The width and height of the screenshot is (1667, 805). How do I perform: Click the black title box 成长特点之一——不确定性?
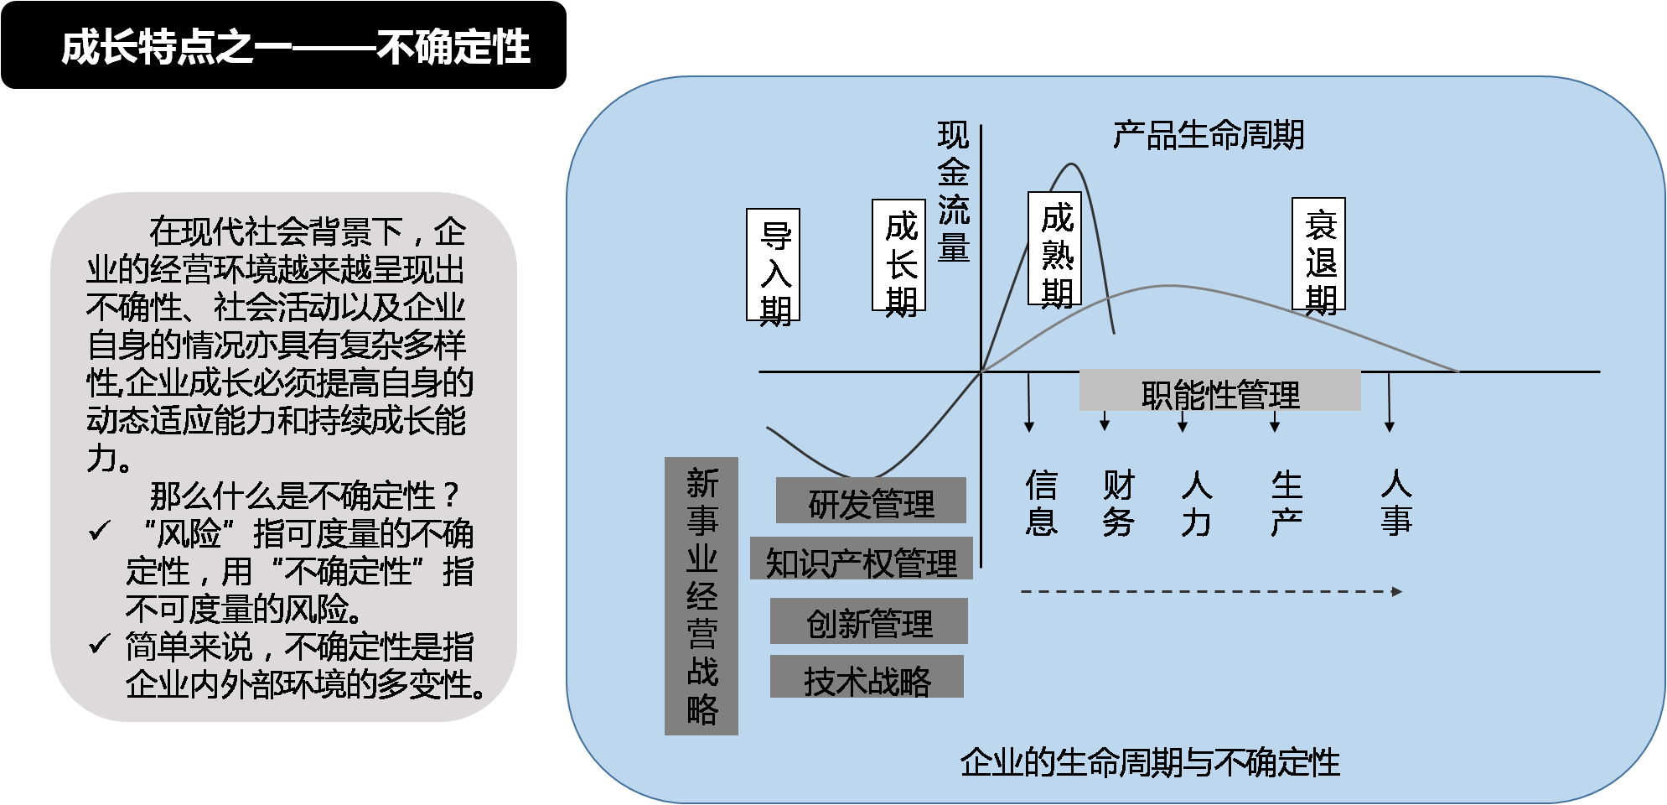pyautogui.click(x=283, y=45)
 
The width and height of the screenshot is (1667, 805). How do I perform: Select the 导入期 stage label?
pyautogui.click(x=774, y=265)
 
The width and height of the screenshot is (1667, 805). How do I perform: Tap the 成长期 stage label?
pyautogui.click(x=899, y=255)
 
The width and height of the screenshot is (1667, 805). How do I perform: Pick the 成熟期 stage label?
pyautogui.click(x=1055, y=248)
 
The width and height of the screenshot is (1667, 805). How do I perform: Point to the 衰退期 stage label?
pyautogui.click(x=1319, y=254)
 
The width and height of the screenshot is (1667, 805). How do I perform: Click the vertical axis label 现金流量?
pyautogui.click(x=953, y=192)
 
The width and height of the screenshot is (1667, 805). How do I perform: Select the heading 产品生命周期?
pyautogui.click(x=1208, y=135)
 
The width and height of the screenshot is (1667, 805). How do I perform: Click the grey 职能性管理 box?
pyautogui.click(x=1219, y=392)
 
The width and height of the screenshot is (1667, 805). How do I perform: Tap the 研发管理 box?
pyautogui.click(x=871, y=501)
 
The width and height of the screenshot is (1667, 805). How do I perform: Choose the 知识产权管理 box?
pyautogui.click(x=862, y=559)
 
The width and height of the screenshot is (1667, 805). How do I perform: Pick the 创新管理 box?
pyautogui.click(x=869, y=621)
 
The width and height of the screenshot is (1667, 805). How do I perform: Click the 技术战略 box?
pyautogui.click(x=867, y=678)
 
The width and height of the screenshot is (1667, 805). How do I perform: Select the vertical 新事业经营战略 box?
pyautogui.click(x=701, y=596)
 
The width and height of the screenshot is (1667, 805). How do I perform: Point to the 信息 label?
pyautogui.click(x=1041, y=503)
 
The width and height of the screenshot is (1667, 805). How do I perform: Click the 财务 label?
pyautogui.click(x=1118, y=503)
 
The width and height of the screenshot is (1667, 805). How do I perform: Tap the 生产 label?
pyautogui.click(x=1286, y=503)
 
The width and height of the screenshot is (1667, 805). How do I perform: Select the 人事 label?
pyautogui.click(x=1395, y=503)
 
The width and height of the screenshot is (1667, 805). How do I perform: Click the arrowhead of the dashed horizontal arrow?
pyautogui.click(x=1397, y=592)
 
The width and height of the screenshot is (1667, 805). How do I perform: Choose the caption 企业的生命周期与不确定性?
pyautogui.click(x=1150, y=762)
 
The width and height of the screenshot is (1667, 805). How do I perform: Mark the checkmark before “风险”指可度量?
pyautogui.click(x=100, y=532)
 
